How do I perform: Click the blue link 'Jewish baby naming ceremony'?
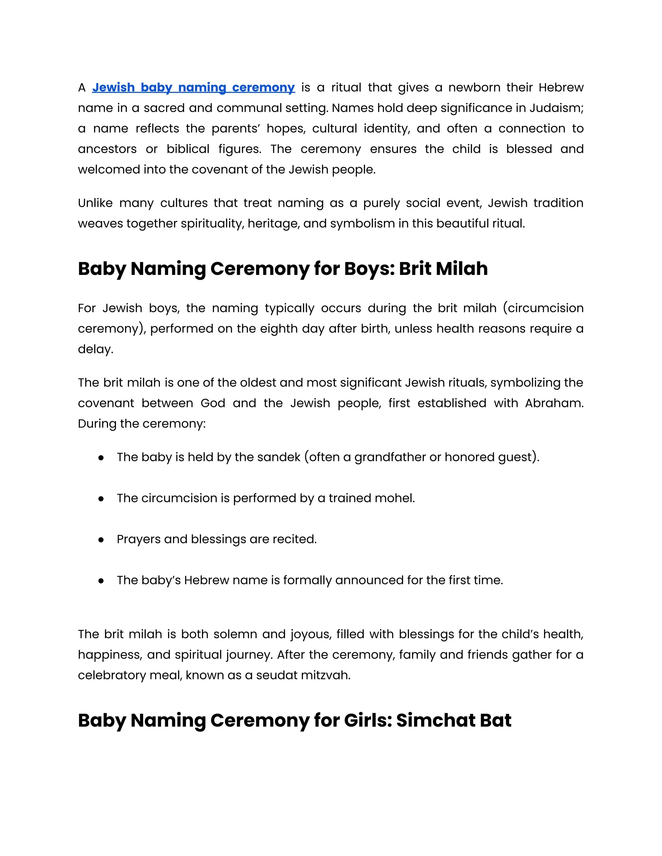pos(193,88)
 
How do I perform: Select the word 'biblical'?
pos(188,149)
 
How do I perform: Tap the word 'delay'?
pos(95,349)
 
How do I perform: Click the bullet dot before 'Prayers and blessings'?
pos(101,540)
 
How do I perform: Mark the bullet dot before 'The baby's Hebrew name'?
pos(101,581)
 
